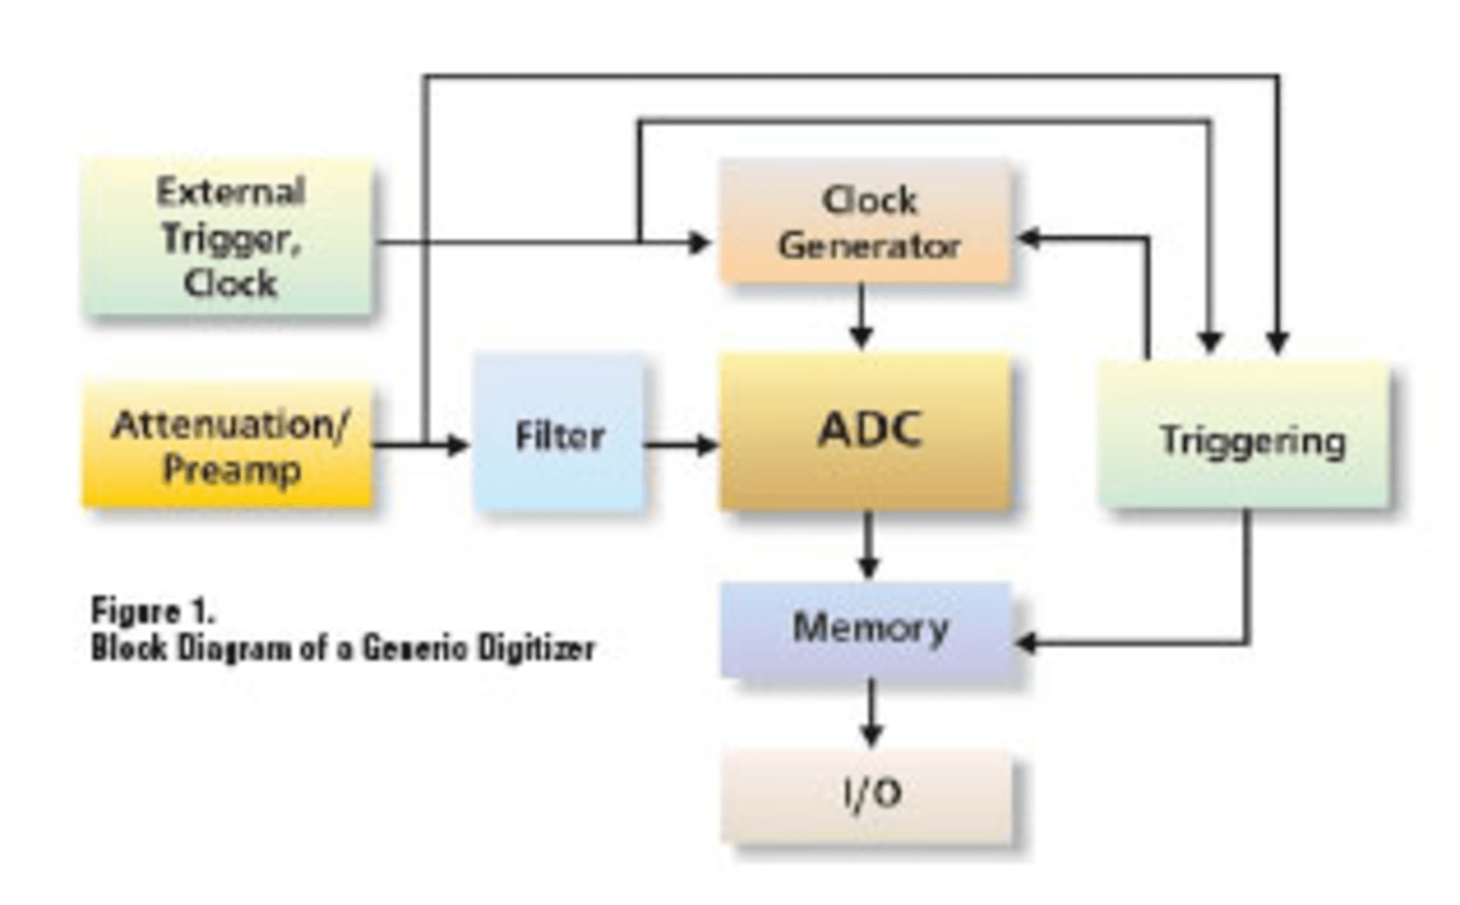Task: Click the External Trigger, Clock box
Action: [228, 237]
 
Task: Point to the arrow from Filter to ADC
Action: [681, 445]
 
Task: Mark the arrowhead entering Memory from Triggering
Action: [1027, 644]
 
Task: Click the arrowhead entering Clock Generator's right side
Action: [1028, 239]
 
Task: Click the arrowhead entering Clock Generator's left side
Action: [700, 242]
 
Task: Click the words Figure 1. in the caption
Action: [153, 610]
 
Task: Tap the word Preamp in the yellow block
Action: [231, 470]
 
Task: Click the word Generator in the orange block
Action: [868, 246]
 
